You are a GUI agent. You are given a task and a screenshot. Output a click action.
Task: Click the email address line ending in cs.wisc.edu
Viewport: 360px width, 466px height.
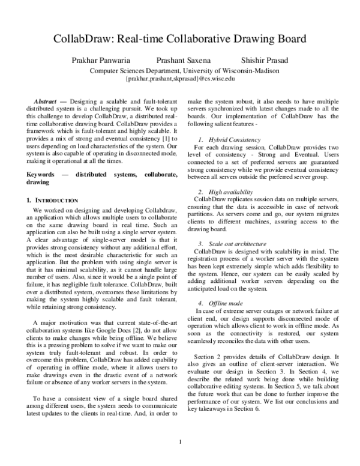[180, 78]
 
